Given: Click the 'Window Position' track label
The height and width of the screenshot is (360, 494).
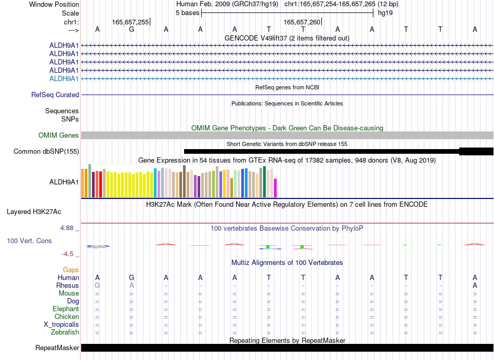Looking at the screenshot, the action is pyautogui.click(x=54, y=4).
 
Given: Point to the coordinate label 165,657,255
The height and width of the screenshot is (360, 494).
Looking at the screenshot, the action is pyautogui.click(x=130, y=22).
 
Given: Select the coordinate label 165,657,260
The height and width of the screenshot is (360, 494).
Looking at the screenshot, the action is pyautogui.click(x=302, y=22).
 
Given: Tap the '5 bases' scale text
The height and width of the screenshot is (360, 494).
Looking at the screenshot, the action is pyautogui.click(x=187, y=13).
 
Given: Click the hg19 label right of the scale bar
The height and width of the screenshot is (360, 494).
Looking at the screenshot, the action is pyautogui.click(x=385, y=13).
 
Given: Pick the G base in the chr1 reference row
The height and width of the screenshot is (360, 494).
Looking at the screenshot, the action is pyautogui.click(x=132, y=30).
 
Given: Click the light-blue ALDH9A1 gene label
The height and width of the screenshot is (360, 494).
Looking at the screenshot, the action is pyautogui.click(x=64, y=78).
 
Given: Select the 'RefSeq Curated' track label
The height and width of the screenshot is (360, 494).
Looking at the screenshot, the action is pyautogui.click(x=55, y=95).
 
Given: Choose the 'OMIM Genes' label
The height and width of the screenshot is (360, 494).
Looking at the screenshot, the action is pyautogui.click(x=59, y=135).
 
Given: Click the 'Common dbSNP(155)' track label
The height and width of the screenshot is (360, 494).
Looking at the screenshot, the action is pyautogui.click(x=46, y=151).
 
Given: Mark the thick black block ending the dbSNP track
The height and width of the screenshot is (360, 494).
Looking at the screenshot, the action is pyautogui.click(x=476, y=151).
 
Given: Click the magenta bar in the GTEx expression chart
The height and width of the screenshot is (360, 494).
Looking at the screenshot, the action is pyautogui.click(x=276, y=188).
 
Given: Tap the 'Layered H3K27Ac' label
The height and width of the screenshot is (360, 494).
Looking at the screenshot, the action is pyautogui.click(x=34, y=212).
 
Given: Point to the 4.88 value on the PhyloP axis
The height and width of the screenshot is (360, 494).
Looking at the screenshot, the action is pyautogui.click(x=67, y=228).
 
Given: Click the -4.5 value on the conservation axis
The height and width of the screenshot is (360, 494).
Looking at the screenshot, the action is pyautogui.click(x=68, y=254).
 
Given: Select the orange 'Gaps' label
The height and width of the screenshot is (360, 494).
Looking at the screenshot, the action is pyautogui.click(x=71, y=270).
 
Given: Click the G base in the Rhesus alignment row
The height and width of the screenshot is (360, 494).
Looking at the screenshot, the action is pyautogui.click(x=97, y=285).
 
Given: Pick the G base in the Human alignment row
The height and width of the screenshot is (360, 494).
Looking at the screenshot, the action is pyautogui.click(x=132, y=277).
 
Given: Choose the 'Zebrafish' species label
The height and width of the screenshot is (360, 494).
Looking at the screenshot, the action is pyautogui.click(x=65, y=332).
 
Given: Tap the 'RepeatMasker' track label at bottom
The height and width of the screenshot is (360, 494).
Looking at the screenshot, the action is pyautogui.click(x=57, y=348).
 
